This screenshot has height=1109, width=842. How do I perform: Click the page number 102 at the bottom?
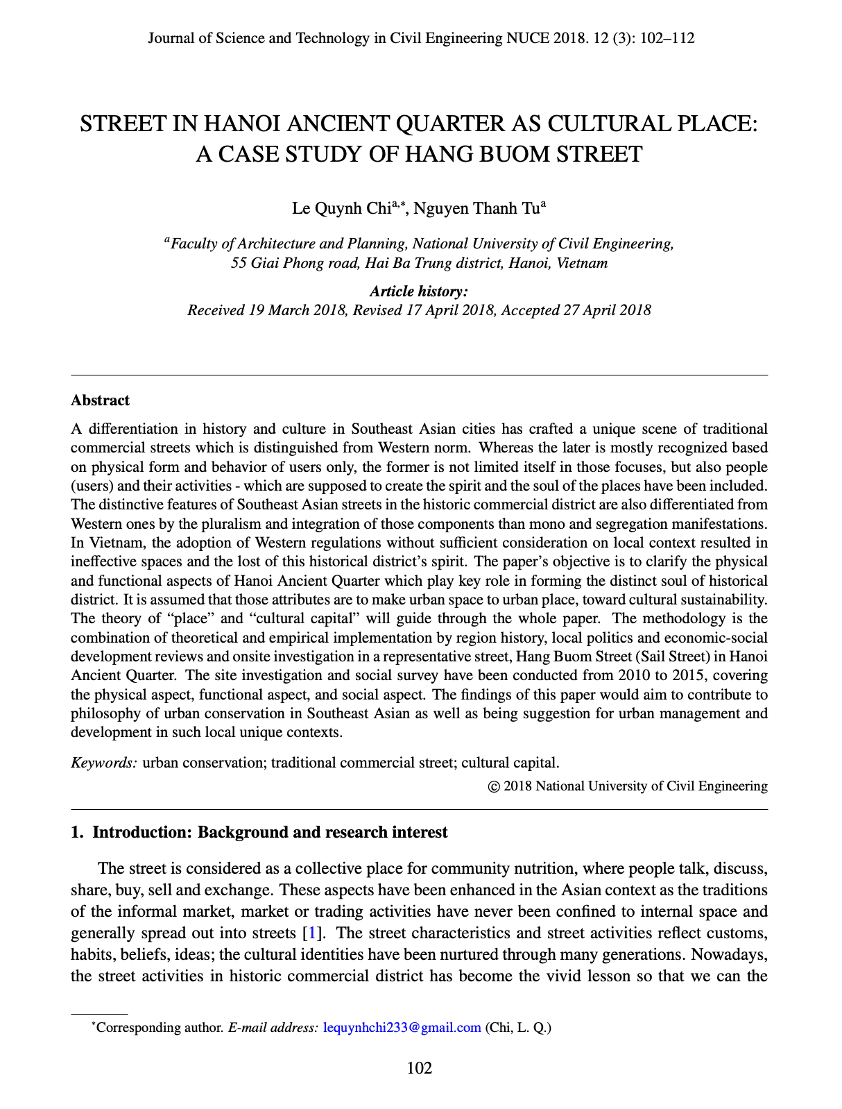pos(420,1068)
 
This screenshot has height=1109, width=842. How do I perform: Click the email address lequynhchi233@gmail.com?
pos(402,1027)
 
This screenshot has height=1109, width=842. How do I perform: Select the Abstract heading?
pos(100,400)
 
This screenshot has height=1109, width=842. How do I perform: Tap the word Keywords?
pos(104,763)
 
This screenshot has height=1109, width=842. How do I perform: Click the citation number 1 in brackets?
pos(312,933)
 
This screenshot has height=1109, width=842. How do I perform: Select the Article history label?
pos(419,291)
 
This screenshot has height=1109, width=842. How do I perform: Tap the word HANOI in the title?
pos(242,124)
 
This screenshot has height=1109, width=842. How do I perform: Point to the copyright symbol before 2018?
pos(494,787)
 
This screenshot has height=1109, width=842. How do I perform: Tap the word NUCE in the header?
pos(524,38)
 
